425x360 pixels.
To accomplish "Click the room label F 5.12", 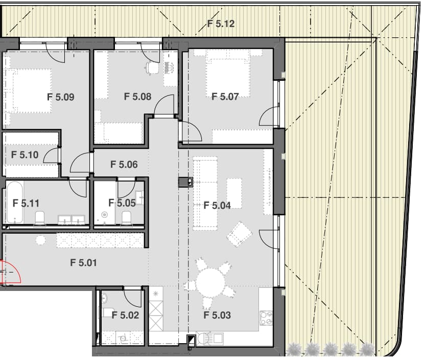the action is click(x=221, y=24).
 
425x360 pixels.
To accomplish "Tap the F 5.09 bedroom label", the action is click(x=61, y=97).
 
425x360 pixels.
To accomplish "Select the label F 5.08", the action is click(x=138, y=96).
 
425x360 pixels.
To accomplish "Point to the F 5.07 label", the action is click(x=225, y=96).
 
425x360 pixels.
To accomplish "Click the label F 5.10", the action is click(x=25, y=154).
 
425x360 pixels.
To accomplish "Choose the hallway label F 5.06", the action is click(x=124, y=164).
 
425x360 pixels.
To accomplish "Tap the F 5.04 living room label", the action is click(x=217, y=206).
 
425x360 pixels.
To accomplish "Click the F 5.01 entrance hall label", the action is click(x=83, y=262).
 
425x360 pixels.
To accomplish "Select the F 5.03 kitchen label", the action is click(x=217, y=315).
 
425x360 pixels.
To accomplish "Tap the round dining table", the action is click(x=210, y=282).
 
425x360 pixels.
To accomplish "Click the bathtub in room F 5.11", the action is click(x=15, y=202).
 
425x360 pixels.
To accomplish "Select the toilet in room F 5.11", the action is click(x=39, y=218).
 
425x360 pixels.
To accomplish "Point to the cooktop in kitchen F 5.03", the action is click(x=266, y=318).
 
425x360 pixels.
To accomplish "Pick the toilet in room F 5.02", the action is click(x=108, y=312).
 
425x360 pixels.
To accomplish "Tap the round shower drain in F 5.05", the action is click(x=105, y=215).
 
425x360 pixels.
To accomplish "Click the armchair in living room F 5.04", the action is click(x=240, y=234).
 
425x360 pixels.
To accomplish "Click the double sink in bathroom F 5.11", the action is click(x=72, y=219).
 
